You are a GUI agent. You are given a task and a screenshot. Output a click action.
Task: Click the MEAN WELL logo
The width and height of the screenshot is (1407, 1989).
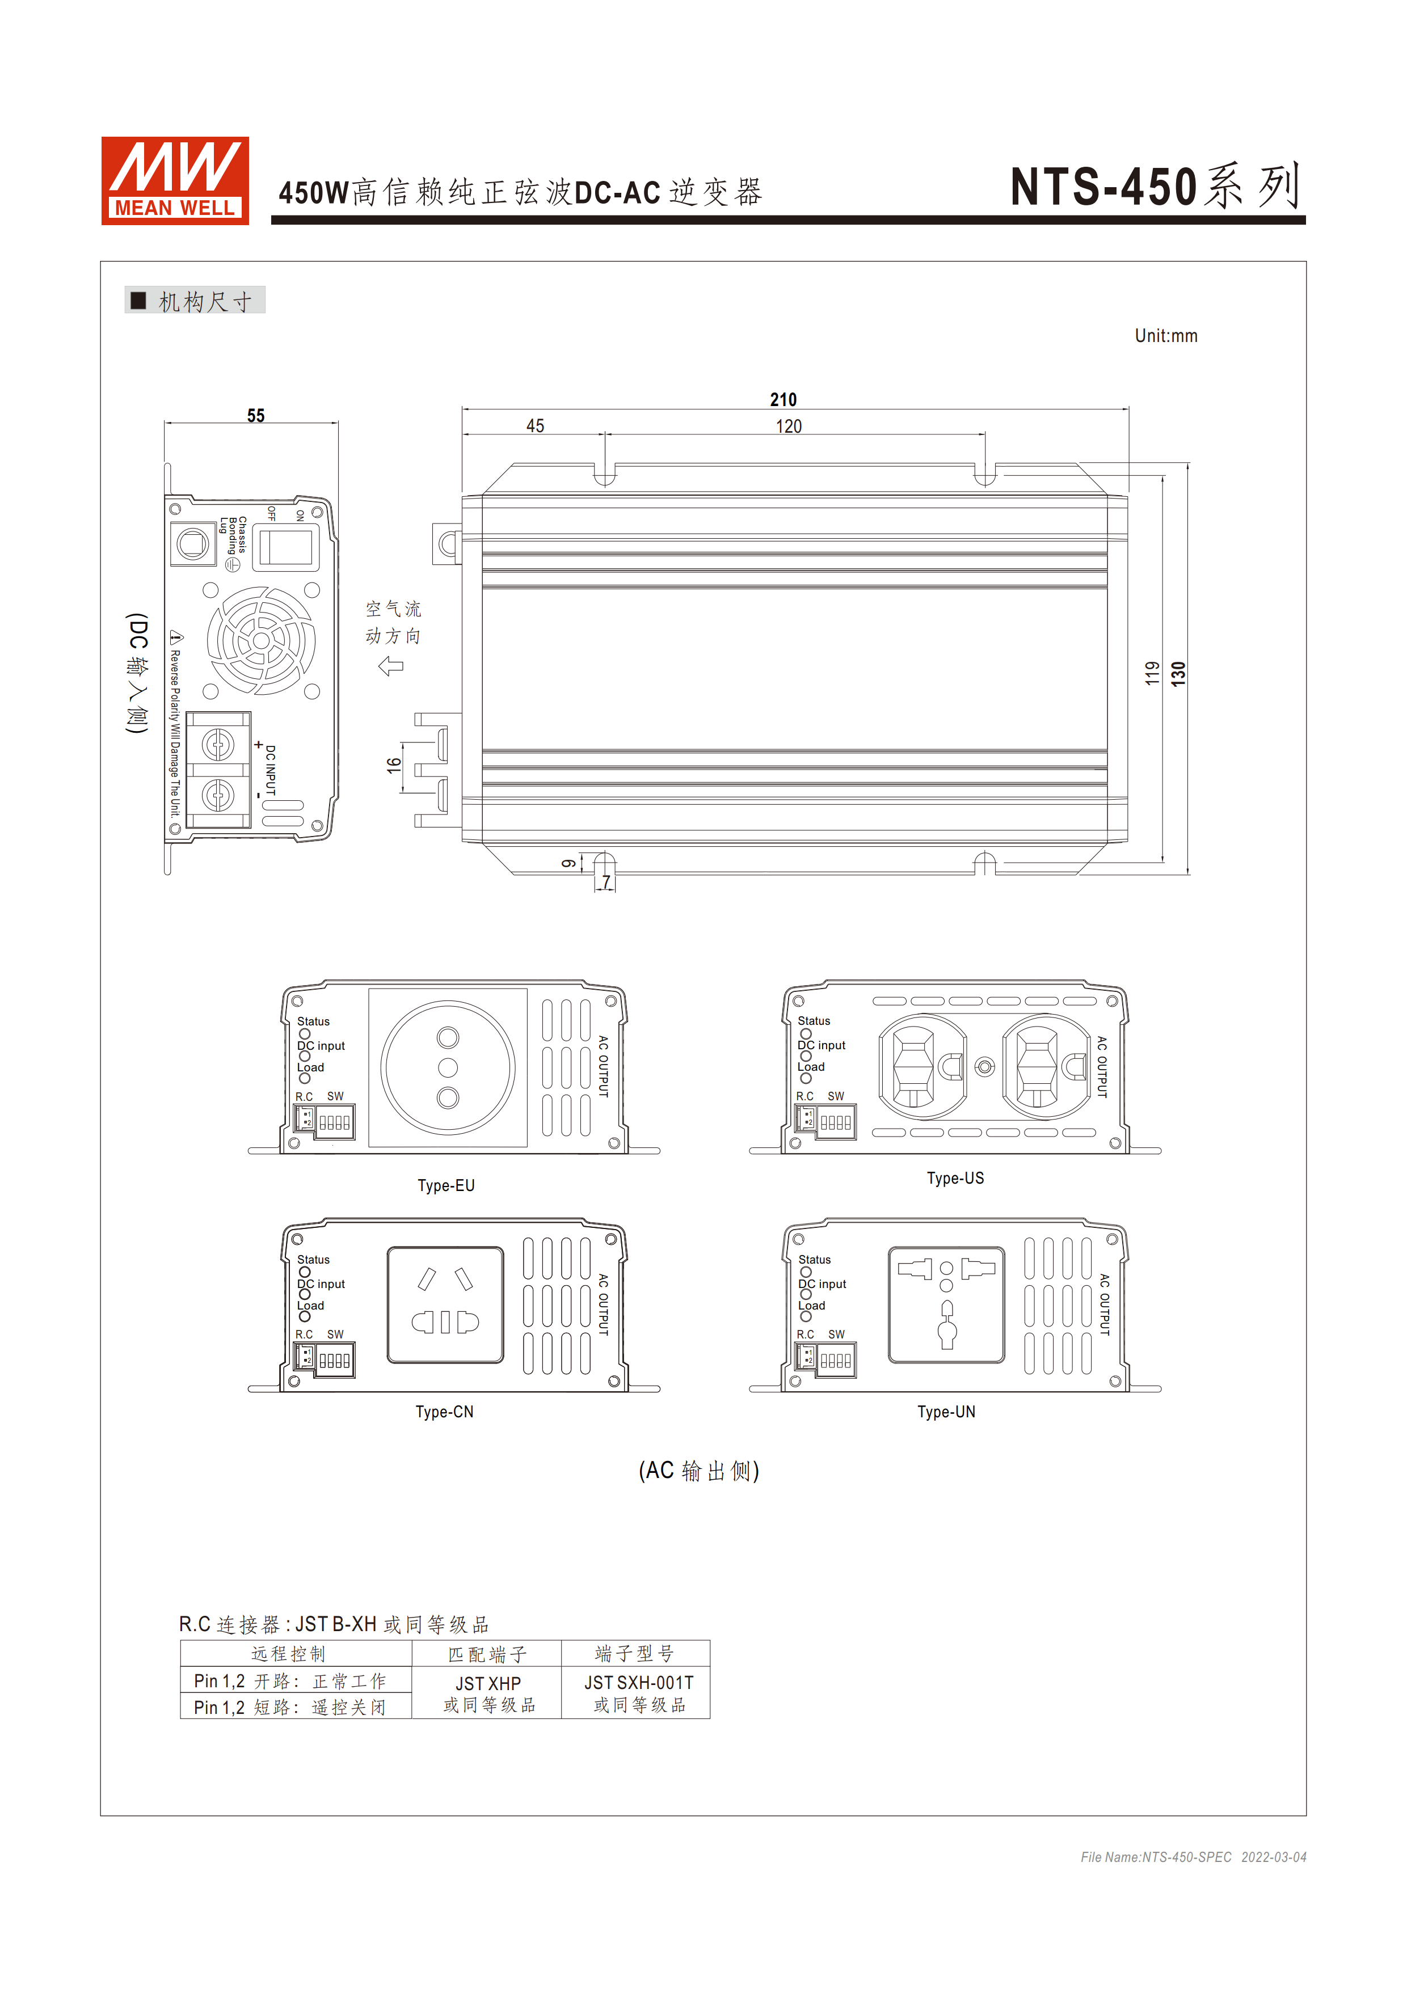[x=175, y=180]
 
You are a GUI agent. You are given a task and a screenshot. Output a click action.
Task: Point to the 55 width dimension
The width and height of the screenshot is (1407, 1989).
[x=255, y=416]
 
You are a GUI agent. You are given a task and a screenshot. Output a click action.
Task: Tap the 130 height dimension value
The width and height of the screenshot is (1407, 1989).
[x=1177, y=673]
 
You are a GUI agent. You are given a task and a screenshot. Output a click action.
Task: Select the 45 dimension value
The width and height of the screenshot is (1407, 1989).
[x=536, y=426]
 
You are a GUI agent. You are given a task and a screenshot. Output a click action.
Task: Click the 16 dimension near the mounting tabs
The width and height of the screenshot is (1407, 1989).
[x=394, y=765]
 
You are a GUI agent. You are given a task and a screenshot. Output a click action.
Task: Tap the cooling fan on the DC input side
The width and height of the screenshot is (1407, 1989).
[x=261, y=640]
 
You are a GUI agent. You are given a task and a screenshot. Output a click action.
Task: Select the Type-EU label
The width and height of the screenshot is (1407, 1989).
[x=446, y=1185]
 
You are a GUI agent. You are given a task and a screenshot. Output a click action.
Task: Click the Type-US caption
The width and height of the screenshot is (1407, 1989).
[x=955, y=1178]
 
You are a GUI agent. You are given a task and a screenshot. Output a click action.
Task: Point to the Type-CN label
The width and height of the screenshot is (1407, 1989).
[x=444, y=1411]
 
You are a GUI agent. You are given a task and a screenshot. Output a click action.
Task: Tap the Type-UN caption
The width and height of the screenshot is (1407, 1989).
[x=946, y=1411]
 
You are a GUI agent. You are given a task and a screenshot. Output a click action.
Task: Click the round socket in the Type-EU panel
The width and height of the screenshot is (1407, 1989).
[x=448, y=1067]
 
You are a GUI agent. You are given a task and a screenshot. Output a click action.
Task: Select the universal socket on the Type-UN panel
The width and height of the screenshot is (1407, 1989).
[x=946, y=1304]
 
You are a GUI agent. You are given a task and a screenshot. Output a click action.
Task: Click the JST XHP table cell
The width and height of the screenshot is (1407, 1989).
[x=488, y=1693]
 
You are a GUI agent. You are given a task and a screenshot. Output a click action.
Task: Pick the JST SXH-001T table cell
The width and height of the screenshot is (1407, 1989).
[x=638, y=1693]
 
